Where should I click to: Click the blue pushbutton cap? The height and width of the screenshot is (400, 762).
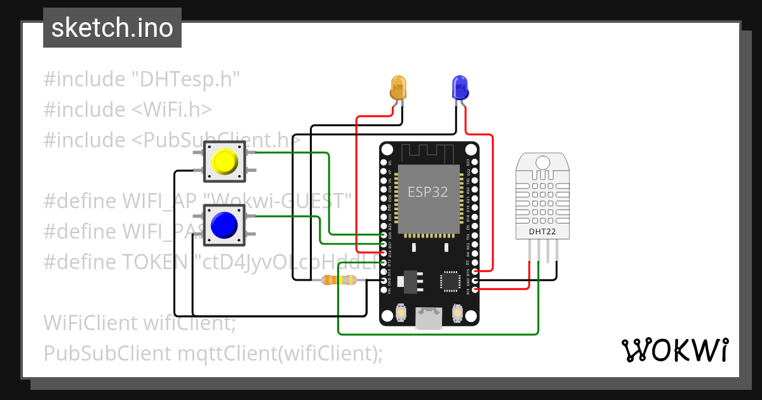pos(224,224)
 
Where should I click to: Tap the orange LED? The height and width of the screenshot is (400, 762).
pos(398,87)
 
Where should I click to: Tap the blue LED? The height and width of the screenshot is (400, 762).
pos(459,87)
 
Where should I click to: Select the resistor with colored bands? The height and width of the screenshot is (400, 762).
pos(339,280)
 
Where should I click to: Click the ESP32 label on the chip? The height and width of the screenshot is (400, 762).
pos(427,192)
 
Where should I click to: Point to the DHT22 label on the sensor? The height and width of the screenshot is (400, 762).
pos(542,232)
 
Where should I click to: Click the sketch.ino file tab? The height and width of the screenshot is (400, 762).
pos(112,28)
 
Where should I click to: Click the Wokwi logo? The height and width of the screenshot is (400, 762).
pos(674,350)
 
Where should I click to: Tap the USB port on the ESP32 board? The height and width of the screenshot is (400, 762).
pos(429,317)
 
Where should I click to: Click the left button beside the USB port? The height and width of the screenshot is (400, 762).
pos(401,312)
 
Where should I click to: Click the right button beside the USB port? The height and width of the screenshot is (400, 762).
pos(457,312)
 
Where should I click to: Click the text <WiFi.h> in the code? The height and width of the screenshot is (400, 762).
pos(171,109)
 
